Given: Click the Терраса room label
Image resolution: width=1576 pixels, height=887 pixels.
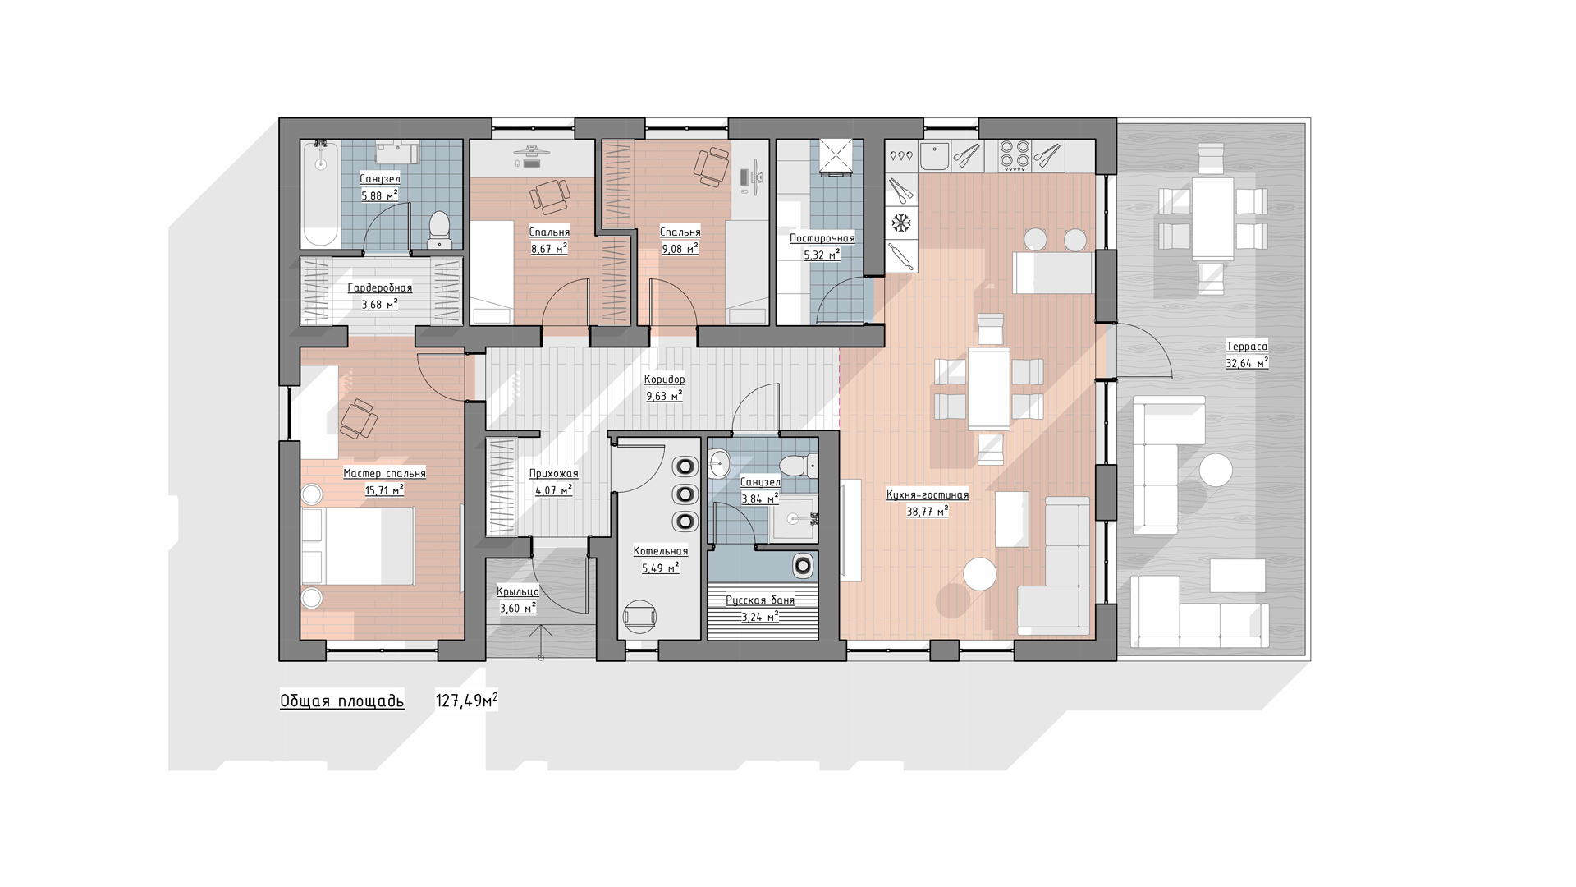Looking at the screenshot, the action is click(x=1247, y=346).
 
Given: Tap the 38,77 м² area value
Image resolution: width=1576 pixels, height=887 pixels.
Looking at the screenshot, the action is click(x=928, y=511).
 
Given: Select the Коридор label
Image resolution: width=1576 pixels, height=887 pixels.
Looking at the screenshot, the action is click(x=664, y=379).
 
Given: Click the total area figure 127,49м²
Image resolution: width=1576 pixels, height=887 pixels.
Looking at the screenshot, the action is click(x=466, y=701).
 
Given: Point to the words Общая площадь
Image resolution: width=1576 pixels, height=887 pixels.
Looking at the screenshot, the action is click(x=342, y=701).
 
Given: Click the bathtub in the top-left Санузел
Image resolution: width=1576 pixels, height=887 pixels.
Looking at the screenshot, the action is click(x=320, y=194).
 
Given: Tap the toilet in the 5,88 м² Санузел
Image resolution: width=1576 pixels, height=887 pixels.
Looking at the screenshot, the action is click(x=439, y=229).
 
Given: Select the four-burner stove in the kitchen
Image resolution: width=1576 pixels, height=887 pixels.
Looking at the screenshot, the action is click(x=1015, y=155).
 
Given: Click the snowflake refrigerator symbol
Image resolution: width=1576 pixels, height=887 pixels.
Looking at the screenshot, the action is click(x=901, y=223).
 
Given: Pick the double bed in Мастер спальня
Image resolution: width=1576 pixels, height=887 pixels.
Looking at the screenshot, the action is click(x=358, y=545).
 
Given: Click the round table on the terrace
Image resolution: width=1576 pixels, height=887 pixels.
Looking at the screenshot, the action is click(x=1216, y=471).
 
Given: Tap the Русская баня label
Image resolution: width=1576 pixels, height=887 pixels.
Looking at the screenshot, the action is click(x=760, y=600).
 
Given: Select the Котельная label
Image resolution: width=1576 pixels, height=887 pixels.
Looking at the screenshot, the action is click(x=661, y=551).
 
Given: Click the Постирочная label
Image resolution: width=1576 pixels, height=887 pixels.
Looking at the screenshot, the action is click(x=822, y=238).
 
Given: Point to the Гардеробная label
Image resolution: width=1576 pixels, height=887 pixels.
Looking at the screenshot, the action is click(x=380, y=287).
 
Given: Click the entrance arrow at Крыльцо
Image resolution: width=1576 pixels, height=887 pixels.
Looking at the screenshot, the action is click(x=541, y=641).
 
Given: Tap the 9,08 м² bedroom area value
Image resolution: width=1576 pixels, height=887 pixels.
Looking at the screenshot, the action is click(x=680, y=248).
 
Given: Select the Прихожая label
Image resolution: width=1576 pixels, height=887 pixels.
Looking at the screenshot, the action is click(x=554, y=473).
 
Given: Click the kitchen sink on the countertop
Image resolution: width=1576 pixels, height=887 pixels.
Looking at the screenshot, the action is click(x=934, y=156).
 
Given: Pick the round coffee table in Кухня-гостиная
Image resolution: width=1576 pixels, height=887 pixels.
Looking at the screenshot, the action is click(x=980, y=574).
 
